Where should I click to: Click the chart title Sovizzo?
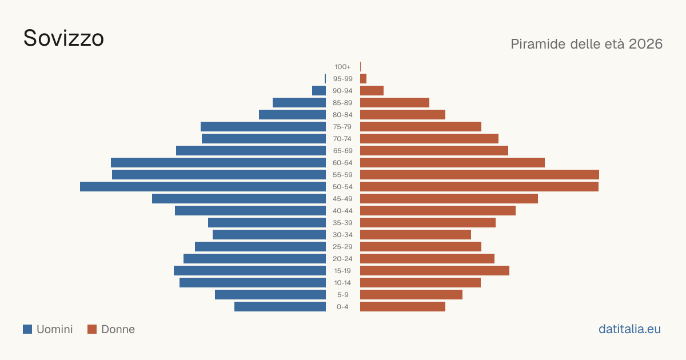click(x=63, y=38)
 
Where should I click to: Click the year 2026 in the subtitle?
click(x=645, y=44)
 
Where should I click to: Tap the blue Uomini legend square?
click(x=27, y=329)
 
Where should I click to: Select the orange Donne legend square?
click(x=92, y=329)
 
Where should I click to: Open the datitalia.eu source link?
click(x=629, y=329)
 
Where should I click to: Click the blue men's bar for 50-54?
click(x=203, y=187)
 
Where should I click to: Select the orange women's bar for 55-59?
click(x=480, y=175)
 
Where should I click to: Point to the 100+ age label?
click(x=342, y=67)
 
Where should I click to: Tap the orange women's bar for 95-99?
click(x=363, y=79)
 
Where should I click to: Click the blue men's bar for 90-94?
click(x=319, y=91)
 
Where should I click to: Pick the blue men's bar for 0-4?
click(x=280, y=307)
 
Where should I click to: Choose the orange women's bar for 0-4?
click(x=402, y=307)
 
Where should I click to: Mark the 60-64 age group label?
click(x=342, y=163)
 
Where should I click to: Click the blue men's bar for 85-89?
click(x=299, y=102)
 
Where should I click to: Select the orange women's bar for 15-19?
click(x=434, y=271)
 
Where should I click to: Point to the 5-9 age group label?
click(x=342, y=295)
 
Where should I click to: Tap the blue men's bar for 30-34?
click(x=269, y=235)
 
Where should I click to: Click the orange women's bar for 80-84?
click(x=402, y=115)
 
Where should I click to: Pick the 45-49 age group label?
click(x=342, y=199)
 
